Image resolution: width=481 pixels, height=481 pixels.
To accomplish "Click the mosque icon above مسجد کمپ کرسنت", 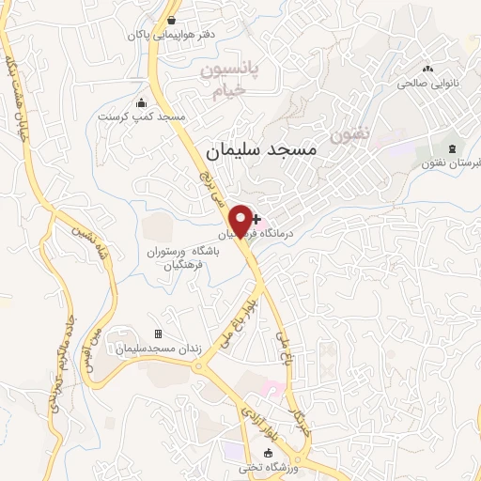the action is [142, 102].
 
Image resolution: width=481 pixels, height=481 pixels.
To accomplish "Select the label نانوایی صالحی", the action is [428, 83].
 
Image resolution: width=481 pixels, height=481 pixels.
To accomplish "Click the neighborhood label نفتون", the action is [349, 134].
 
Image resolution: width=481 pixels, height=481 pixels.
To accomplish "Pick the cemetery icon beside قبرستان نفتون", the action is [453, 149].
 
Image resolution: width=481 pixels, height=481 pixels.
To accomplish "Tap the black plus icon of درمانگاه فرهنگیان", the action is [256, 218].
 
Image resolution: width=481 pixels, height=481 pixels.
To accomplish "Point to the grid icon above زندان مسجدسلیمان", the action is [158, 334].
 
